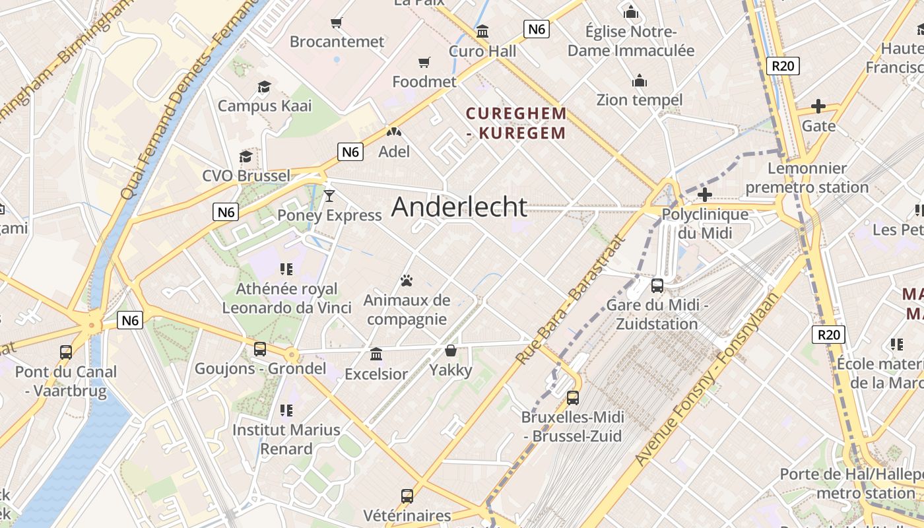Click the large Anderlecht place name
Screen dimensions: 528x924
point(459,207)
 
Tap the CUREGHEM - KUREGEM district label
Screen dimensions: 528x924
point(516,123)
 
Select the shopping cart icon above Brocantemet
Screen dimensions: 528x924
point(337,23)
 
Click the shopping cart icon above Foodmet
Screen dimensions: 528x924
point(424,63)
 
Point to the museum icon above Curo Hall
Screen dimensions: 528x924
point(482,31)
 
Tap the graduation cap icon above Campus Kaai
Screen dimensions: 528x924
point(264,86)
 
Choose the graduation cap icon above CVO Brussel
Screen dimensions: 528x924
point(246,156)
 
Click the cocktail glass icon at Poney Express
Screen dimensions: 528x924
point(329,195)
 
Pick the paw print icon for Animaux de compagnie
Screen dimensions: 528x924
point(407,281)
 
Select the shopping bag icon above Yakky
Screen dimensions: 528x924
point(451,350)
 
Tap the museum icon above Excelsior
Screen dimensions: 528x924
point(376,354)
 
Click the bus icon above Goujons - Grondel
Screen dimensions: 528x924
point(260,349)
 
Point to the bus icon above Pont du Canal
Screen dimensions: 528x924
point(65,352)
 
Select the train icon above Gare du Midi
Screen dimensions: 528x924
point(657,286)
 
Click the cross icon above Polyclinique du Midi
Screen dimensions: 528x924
point(705,195)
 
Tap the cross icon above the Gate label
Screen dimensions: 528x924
point(818,106)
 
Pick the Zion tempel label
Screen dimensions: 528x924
point(639,100)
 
